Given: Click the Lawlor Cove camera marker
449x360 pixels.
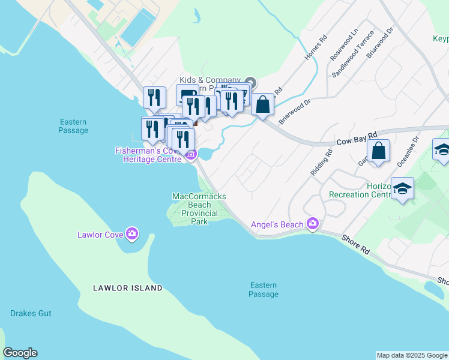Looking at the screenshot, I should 132,233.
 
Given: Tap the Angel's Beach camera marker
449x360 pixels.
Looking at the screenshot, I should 312,224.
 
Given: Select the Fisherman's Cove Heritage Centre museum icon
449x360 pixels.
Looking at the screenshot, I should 191,155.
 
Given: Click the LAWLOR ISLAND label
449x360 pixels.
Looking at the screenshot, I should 128,288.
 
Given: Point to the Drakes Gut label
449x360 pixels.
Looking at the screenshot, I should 31,313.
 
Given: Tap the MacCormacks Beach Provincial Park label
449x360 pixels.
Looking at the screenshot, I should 199,209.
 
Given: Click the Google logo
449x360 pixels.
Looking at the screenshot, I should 20,353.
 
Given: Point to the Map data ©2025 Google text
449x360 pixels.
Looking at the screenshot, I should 412,355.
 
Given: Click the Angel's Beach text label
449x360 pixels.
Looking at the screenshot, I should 277,225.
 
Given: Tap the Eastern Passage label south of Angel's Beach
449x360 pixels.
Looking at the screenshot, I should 264,289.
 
